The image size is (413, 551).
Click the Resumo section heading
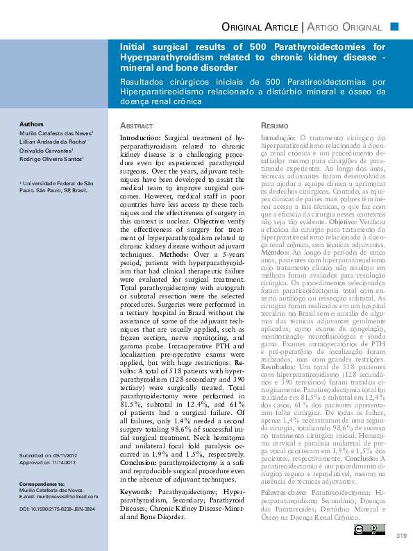coord(273,126)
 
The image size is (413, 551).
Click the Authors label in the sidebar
coord(31,124)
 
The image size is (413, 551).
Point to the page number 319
coord(401,535)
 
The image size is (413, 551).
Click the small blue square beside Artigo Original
coord(394,26)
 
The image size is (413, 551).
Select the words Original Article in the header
coord(259,27)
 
